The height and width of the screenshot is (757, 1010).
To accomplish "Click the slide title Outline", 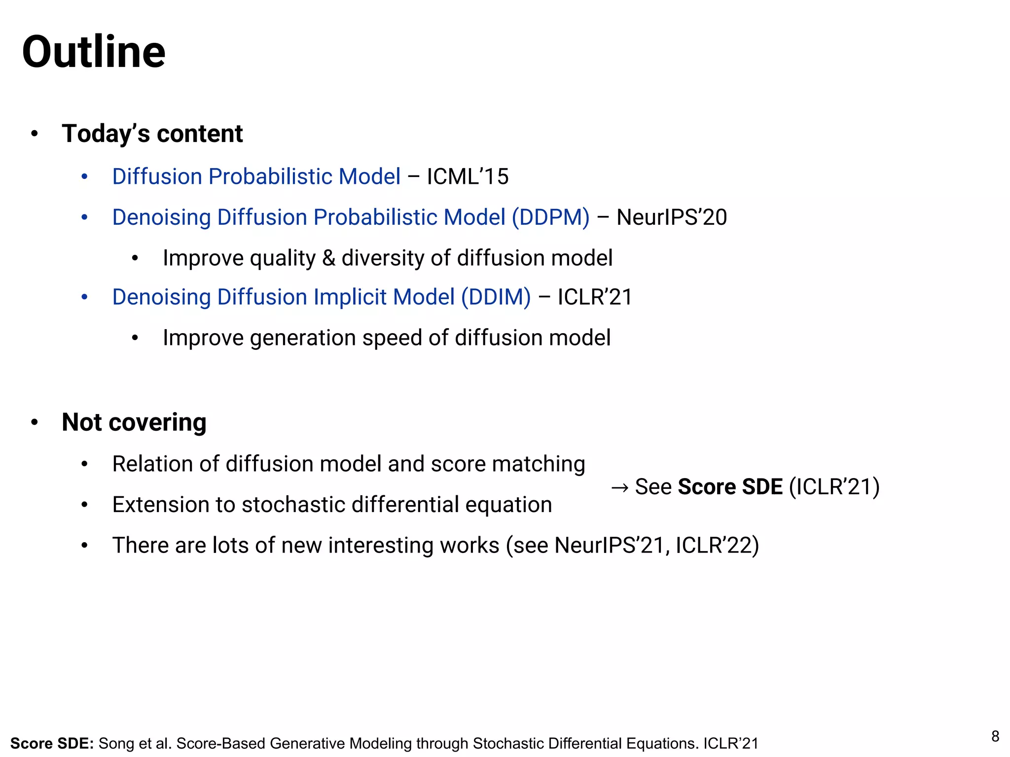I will click(94, 52).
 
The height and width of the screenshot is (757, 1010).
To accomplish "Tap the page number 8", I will click(995, 736).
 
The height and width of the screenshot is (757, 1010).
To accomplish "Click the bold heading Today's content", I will click(152, 134).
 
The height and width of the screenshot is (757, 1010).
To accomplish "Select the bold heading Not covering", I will click(134, 422).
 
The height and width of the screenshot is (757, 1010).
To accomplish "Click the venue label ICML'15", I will click(468, 176).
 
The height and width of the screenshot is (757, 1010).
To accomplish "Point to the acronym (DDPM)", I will click(550, 217).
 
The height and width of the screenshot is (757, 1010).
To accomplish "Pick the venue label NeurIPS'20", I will click(672, 217).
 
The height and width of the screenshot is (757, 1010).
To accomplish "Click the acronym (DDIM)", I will click(496, 297).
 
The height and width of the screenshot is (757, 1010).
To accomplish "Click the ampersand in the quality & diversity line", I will click(328, 258).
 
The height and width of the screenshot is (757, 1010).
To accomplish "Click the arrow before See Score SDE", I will click(619, 488).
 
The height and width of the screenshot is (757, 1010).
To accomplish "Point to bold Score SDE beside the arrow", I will click(730, 487).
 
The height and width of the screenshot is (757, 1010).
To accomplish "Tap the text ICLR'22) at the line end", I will click(717, 546).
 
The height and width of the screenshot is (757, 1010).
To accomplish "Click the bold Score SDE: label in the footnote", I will click(52, 743).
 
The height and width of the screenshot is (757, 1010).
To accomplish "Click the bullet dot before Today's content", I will click(34, 134).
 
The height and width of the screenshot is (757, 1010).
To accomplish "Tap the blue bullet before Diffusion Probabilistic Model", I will click(84, 176).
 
